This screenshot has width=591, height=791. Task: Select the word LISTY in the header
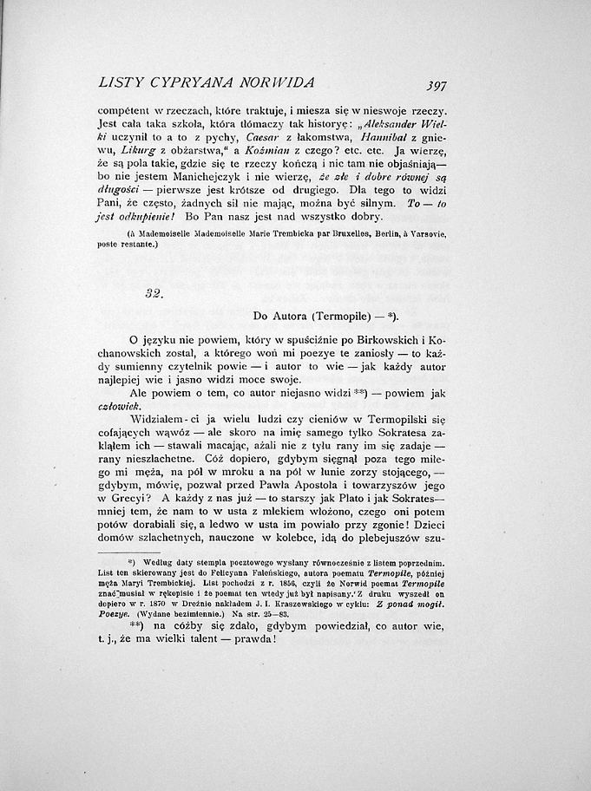coord(121,83)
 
